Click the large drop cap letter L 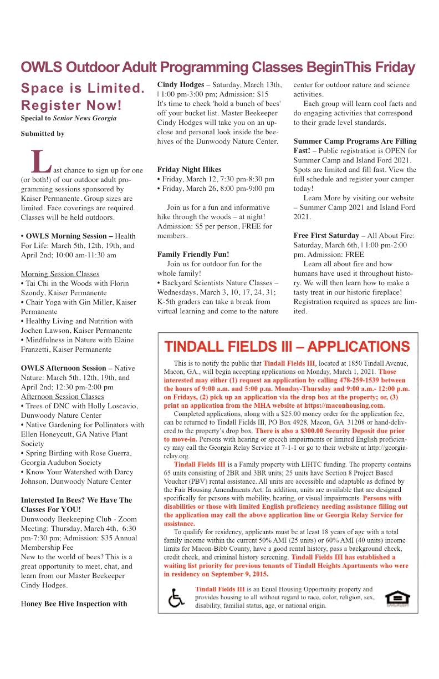(x=40, y=160)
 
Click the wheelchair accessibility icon (x=176, y=599)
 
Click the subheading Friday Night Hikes (x=189, y=169)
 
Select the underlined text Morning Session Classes (x=60, y=274)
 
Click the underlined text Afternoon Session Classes (x=62, y=396)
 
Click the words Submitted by (x=43, y=134)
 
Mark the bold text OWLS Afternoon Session (x=63, y=368)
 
